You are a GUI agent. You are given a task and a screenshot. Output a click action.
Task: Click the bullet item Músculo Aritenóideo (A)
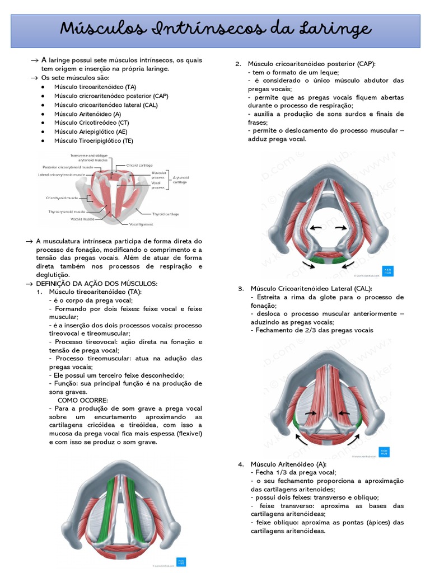(x=87, y=114)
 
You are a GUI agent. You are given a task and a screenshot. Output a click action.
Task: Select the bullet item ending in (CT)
(x=91, y=123)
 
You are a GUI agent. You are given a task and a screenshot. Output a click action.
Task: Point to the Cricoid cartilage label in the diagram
(x=139, y=166)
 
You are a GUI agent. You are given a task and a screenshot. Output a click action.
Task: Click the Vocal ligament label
(x=141, y=224)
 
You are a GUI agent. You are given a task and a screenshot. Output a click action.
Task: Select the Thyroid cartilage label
(x=165, y=214)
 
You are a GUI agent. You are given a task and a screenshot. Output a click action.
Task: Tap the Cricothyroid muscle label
(x=62, y=198)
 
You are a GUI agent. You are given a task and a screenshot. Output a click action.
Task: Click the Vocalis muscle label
(x=71, y=219)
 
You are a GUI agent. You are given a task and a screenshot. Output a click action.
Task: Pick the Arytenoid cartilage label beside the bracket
(x=181, y=180)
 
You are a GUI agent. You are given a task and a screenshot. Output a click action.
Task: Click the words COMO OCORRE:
(x=82, y=400)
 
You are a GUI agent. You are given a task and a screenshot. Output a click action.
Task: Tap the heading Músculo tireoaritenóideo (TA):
(x=95, y=292)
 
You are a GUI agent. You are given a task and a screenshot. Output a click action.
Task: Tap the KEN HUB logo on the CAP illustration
(x=387, y=270)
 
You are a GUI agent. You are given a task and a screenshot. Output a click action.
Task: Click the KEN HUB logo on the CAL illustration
(x=384, y=452)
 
